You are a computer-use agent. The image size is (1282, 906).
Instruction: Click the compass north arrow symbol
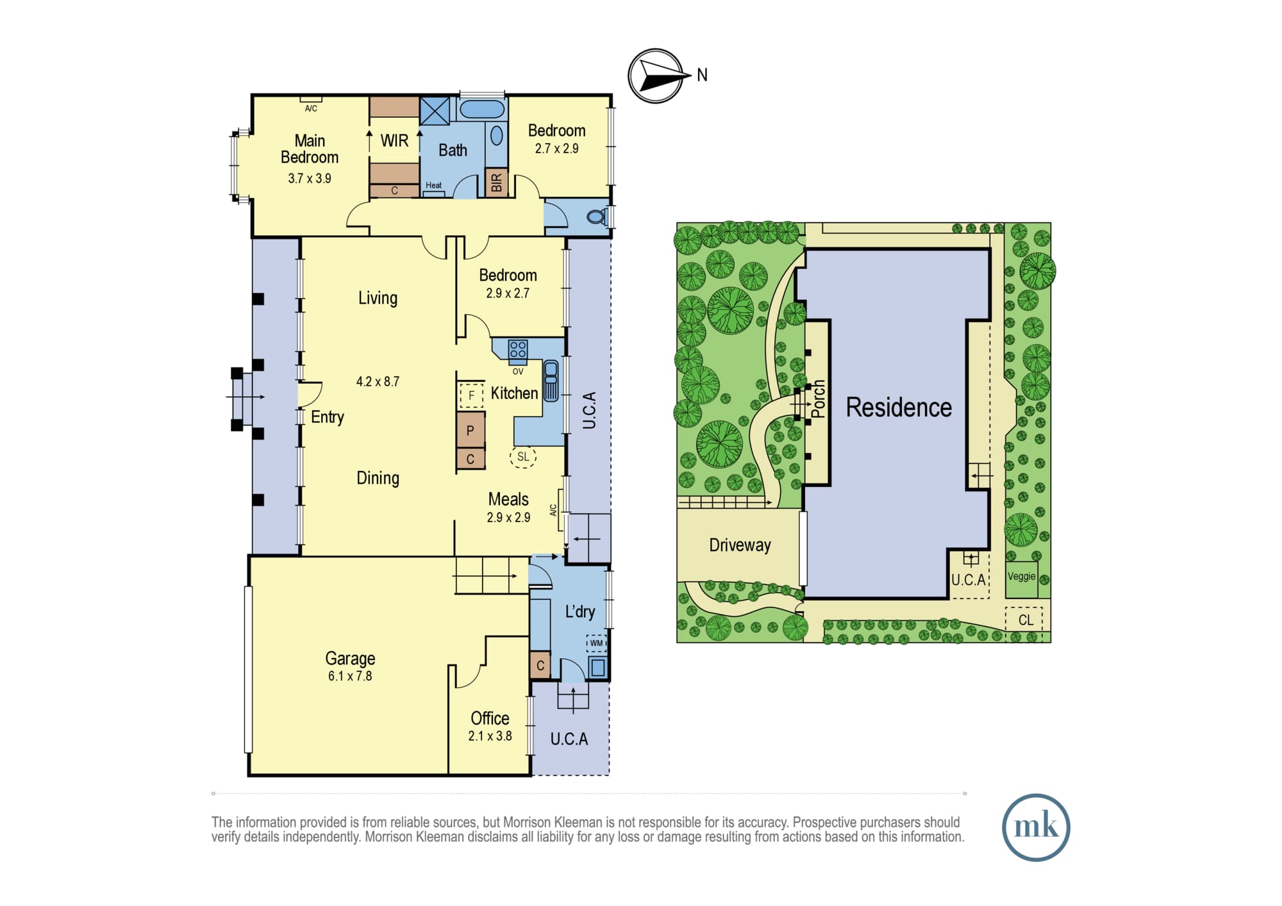[x=655, y=76]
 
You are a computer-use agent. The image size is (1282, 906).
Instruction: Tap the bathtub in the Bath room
[x=482, y=109]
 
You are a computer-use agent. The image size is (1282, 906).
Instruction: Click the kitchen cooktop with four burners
[x=518, y=349]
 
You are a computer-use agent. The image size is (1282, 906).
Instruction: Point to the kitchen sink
[x=551, y=381]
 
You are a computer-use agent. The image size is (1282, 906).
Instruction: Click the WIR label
[x=394, y=140]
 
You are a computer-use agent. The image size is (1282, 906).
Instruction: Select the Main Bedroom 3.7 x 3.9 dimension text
[x=310, y=179]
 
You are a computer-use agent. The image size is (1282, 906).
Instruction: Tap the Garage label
[x=350, y=658]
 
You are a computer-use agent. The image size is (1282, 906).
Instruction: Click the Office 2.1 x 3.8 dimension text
[x=490, y=736]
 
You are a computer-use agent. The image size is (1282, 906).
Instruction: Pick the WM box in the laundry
[x=596, y=643]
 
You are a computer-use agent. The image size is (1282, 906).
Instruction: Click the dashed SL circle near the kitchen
[x=523, y=457]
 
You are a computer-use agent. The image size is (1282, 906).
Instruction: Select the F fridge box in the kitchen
[x=471, y=395]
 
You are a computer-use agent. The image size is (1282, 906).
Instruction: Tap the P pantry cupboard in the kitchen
[x=470, y=430]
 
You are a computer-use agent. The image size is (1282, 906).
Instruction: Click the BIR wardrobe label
[x=497, y=183]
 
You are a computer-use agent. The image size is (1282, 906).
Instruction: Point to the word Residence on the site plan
[x=899, y=408]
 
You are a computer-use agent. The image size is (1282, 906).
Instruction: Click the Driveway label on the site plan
[x=740, y=545]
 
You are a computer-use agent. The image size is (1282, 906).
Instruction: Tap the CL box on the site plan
[x=1024, y=620]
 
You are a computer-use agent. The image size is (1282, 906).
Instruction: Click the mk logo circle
[x=1036, y=827]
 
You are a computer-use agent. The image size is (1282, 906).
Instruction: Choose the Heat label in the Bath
[x=434, y=185]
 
